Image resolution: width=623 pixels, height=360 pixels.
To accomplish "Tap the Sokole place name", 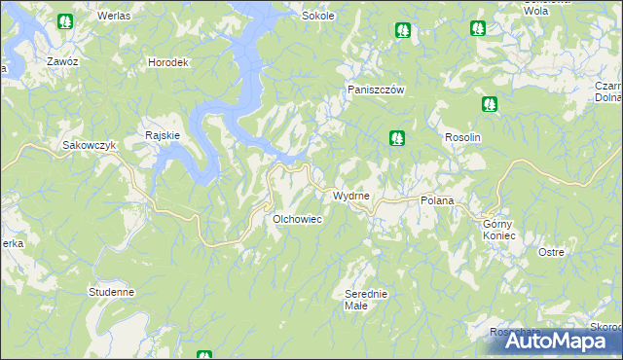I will [318, 17].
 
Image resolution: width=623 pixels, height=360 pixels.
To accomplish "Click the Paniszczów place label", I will [377, 90].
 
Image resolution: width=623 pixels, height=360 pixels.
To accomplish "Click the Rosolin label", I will [463, 138].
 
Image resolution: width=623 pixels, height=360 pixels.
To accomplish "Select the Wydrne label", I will [351, 196].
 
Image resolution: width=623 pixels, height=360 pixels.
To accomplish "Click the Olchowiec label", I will [297, 219].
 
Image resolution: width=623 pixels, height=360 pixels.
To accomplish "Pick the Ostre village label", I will [551, 252].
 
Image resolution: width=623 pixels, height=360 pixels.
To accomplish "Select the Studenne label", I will [111, 291].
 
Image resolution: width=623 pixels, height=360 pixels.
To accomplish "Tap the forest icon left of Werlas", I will [64, 20].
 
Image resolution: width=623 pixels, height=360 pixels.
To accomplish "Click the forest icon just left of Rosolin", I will [397, 139].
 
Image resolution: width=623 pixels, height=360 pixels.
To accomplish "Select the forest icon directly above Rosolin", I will [489, 104].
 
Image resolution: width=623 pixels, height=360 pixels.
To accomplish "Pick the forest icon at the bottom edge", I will [203, 355].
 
